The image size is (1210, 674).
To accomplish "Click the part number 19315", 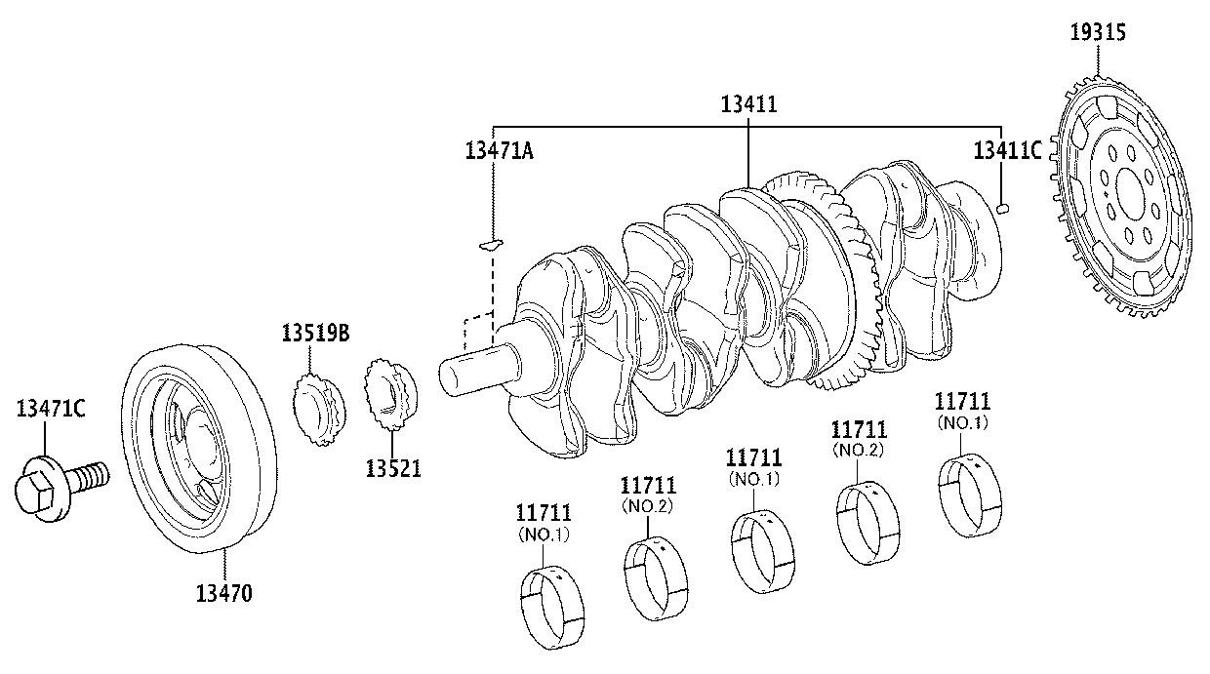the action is (1098, 32).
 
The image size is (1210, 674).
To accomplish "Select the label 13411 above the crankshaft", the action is (748, 104).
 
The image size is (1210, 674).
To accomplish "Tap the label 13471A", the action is (500, 151).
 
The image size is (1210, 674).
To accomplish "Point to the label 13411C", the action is (1007, 150).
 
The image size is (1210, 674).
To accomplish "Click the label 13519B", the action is (315, 334).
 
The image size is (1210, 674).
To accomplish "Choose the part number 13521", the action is (392, 468).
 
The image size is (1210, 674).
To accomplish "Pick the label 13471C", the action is (51, 409).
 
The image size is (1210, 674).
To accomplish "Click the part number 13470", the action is (223, 594).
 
